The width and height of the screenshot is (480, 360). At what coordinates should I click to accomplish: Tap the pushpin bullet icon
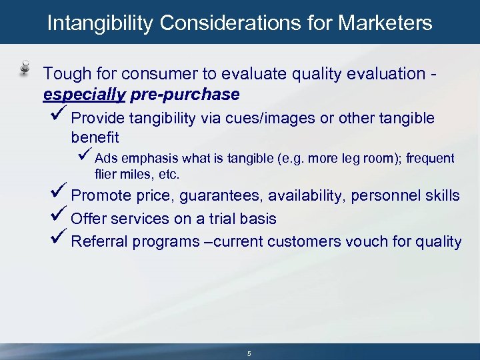pyautogui.click(x=25, y=67)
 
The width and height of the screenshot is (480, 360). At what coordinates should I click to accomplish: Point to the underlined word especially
pyautogui.click(x=84, y=95)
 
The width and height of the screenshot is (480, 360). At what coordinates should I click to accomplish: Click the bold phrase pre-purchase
pyautogui.click(x=185, y=95)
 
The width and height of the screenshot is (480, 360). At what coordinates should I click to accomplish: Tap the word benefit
pyautogui.click(x=95, y=137)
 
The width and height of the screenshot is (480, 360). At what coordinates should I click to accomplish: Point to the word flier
pyautogui.click(x=105, y=175)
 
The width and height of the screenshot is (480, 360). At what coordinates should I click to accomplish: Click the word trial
pyautogui.click(x=227, y=219)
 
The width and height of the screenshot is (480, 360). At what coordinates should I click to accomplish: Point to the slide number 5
pyautogui.click(x=249, y=353)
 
